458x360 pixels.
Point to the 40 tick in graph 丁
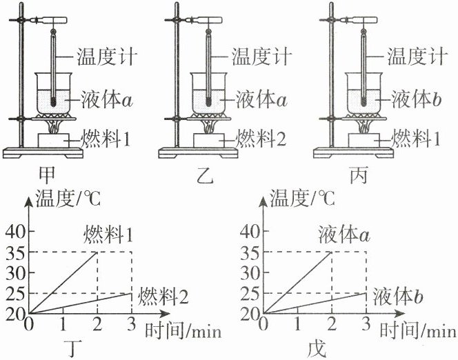14,231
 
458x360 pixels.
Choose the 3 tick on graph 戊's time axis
366,323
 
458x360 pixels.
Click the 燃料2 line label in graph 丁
163,298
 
